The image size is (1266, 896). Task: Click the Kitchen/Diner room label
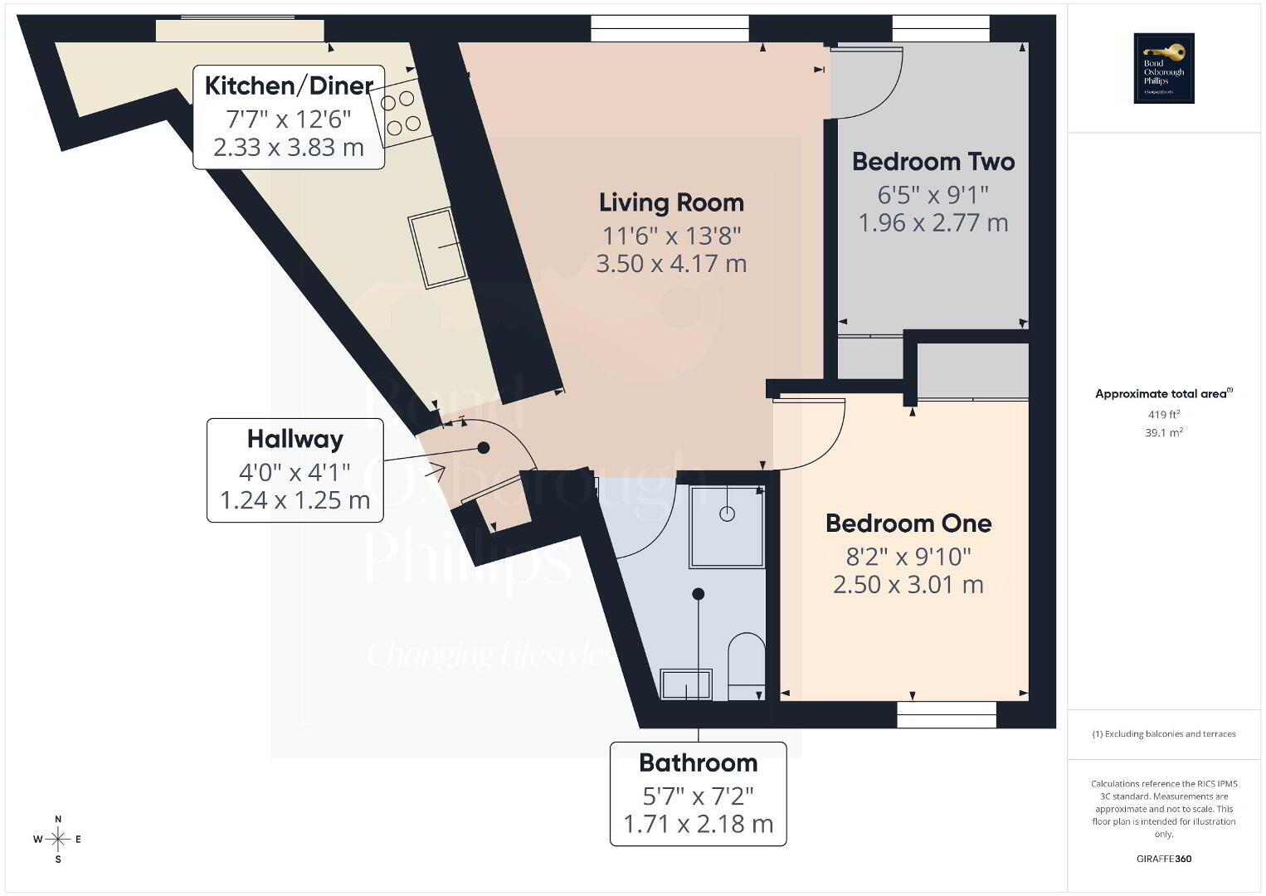pos(289,86)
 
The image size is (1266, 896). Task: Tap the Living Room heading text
pos(671,203)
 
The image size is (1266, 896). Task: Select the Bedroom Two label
pos(933,162)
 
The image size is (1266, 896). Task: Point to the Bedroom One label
pos(908,523)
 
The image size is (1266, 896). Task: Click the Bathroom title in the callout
pos(698,763)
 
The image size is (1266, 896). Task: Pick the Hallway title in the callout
pos(295,440)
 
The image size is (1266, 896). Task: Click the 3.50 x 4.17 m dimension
pos(671,264)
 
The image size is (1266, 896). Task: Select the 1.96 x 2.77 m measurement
pos(933,222)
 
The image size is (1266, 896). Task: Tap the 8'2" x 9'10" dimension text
pos(908,557)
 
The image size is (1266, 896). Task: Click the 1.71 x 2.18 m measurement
pos(698,824)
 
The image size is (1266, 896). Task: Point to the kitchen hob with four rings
pos(400,113)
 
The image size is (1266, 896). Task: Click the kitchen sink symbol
pos(438,248)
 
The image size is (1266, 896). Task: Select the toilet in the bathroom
pos(746,666)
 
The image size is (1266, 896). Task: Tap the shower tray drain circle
pos(727,514)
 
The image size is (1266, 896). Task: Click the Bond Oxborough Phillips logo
pos(1164,68)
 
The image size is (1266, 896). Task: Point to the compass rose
pos(57,840)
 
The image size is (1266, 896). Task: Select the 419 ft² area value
pos(1164,414)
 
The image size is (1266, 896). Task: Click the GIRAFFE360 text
pos(1164,859)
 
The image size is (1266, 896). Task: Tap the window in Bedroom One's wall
pos(947,715)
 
